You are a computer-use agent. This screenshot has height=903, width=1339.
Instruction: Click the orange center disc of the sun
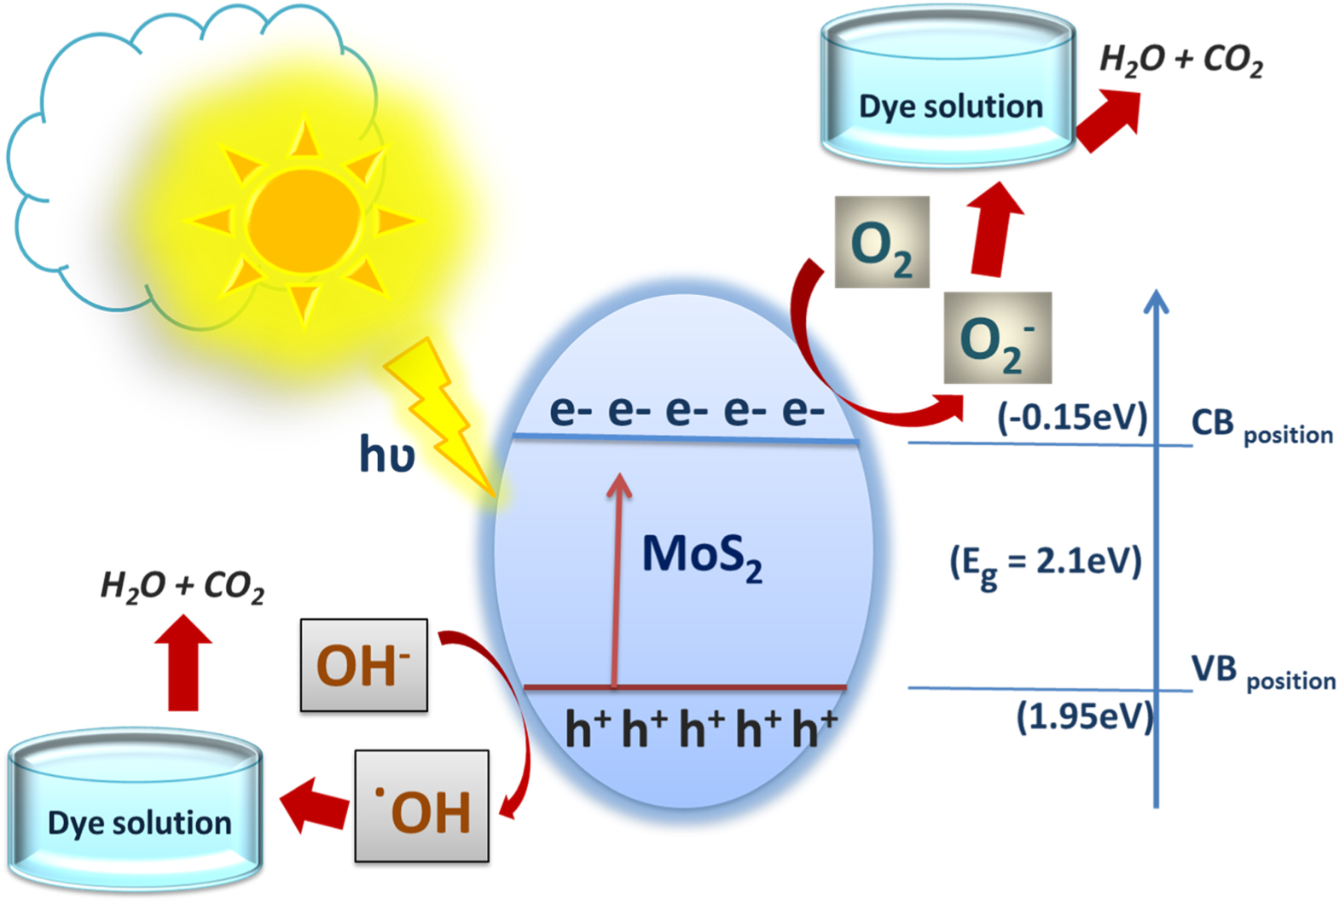[304, 220]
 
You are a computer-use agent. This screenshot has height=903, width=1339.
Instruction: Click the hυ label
[386, 454]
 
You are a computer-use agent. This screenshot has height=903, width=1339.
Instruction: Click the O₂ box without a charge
[882, 242]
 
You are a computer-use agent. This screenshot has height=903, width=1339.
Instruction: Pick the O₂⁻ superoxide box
[997, 339]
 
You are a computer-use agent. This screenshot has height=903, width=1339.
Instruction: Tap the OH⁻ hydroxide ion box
[363, 665]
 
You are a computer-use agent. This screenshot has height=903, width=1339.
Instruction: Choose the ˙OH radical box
[422, 807]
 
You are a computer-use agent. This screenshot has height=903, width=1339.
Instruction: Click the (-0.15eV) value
[1072, 418]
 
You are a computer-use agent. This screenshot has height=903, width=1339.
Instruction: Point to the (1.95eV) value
[1084, 716]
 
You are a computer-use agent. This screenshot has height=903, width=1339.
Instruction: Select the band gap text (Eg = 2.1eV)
[1046, 564]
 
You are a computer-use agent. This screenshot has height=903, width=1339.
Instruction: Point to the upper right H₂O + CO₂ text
[1180, 60]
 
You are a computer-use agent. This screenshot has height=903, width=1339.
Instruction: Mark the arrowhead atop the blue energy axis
[1156, 301]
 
